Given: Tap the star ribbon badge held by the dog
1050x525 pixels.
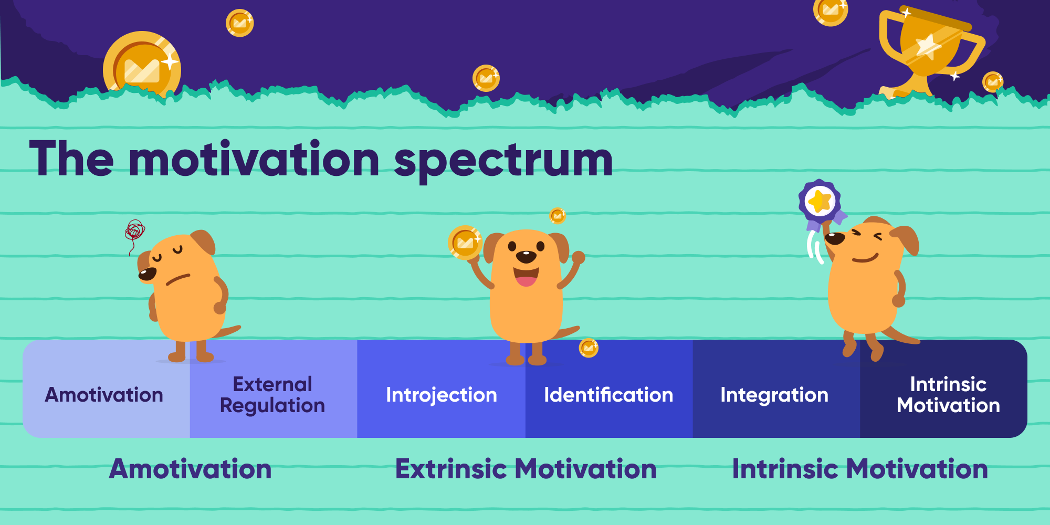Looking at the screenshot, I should [820, 202].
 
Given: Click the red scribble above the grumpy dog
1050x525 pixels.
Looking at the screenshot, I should [134, 231].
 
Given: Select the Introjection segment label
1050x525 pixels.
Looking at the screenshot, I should [441, 395].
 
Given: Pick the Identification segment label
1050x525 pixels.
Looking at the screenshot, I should [608, 395].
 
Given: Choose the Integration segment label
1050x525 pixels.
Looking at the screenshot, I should [774, 395].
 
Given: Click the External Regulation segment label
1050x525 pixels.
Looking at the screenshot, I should [272, 395].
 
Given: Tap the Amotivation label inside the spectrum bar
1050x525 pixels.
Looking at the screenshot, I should [104, 395].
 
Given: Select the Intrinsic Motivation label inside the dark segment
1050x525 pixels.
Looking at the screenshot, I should [948, 395].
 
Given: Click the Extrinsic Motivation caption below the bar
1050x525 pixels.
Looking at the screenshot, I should [526, 469].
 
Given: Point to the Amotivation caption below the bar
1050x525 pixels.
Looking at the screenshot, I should [190, 469].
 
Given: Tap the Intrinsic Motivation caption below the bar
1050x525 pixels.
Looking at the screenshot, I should [859, 469].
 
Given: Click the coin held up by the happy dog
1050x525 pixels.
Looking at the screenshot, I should [465, 243].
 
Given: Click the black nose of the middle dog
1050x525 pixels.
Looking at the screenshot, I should [526, 257].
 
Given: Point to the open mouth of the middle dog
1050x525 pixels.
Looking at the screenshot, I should [526, 277].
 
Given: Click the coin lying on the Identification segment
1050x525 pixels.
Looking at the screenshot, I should [589, 348].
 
